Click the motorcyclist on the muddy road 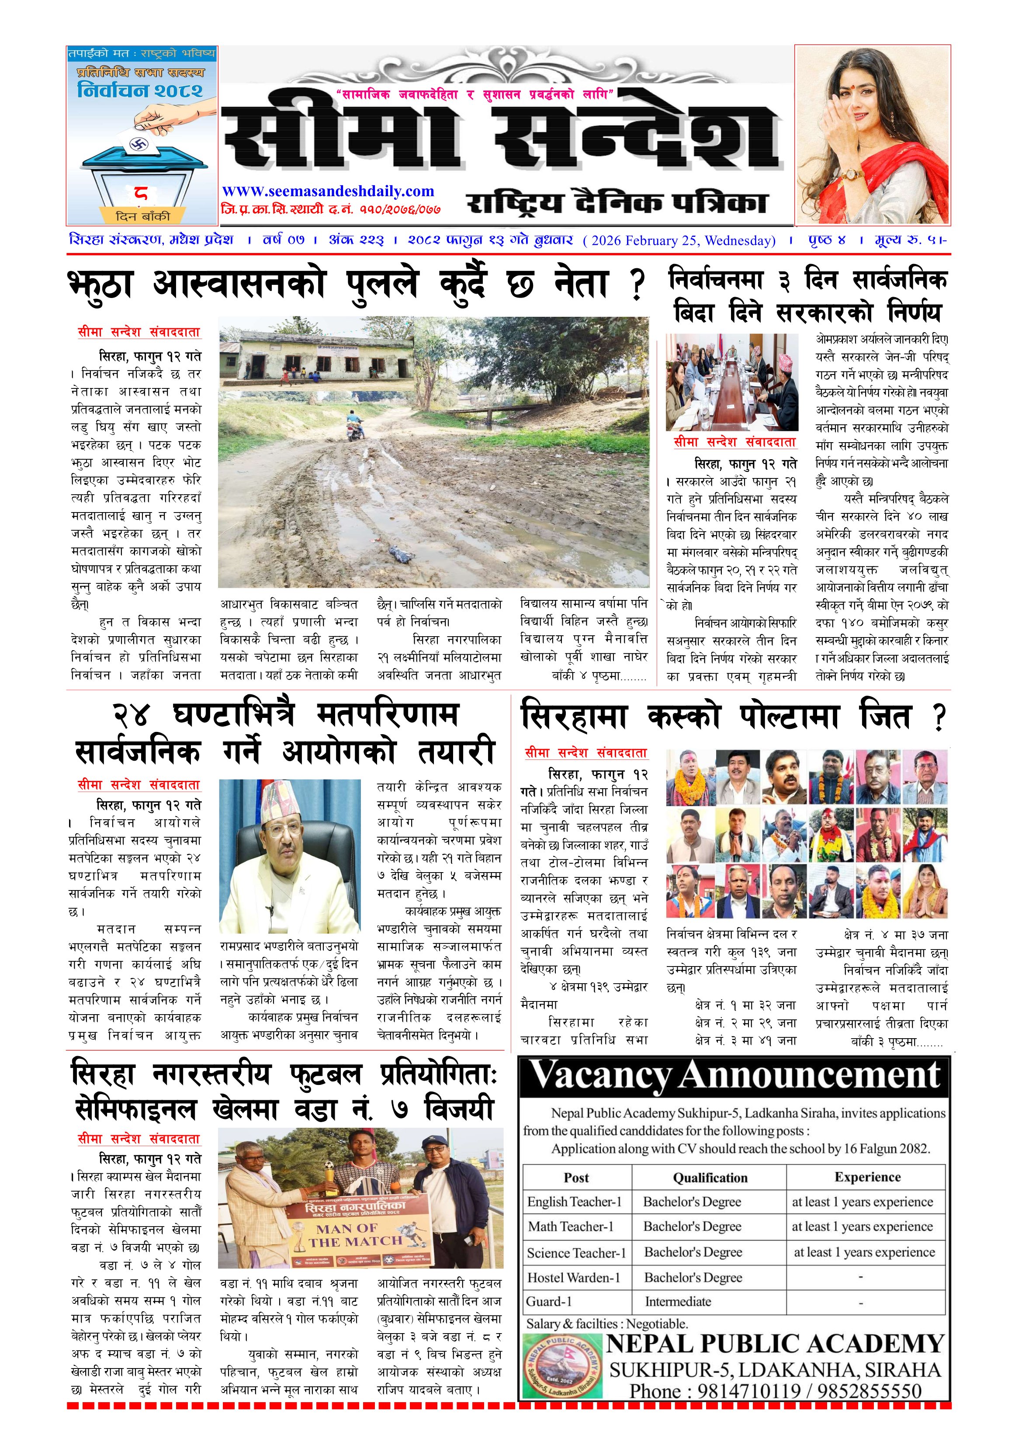[355, 426]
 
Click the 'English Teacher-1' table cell [574, 1202]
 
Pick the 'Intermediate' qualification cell [678, 1301]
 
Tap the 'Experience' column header [867, 1177]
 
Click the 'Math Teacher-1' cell [570, 1226]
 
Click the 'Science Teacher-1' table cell [576, 1252]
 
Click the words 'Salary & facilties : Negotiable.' [606, 1324]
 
